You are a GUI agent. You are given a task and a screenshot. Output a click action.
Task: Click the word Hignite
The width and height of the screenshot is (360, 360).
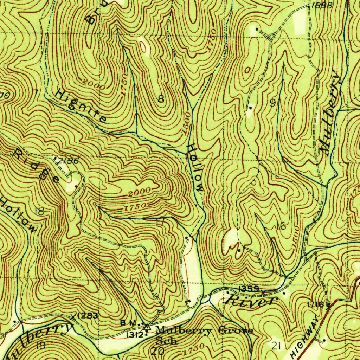pos(82,105)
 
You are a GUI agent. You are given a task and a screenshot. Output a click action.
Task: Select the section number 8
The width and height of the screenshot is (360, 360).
pos(161,99)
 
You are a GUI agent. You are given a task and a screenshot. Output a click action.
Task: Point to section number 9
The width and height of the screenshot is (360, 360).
pos(272,103)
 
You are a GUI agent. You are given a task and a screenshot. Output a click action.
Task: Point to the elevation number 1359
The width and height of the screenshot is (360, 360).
pos(249,289)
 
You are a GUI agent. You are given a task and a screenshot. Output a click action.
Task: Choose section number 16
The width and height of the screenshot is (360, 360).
pos(281,226)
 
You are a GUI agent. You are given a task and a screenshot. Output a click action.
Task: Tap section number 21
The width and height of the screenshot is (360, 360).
pos(276,346)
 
